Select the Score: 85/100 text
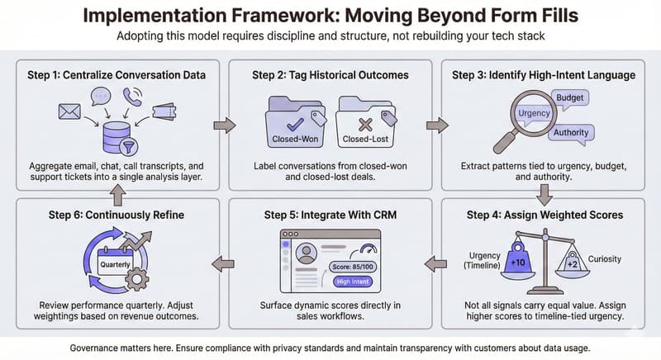pyautogui.click(x=352, y=266)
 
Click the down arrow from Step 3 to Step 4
pyautogui.click(x=544, y=195)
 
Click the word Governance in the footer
pyautogui.click(x=102, y=348)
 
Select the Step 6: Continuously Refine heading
pyautogui.click(x=102, y=216)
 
